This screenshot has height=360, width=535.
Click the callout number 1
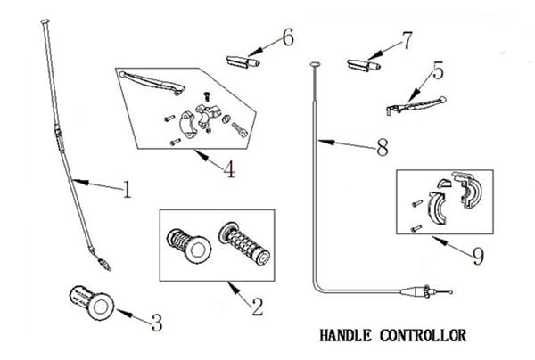point(127,190)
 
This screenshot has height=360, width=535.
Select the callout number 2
point(258,307)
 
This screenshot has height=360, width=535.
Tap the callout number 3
point(157,323)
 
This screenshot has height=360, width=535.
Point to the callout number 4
point(229,169)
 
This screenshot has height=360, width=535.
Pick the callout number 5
point(438,70)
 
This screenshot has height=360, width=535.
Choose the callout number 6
point(288,37)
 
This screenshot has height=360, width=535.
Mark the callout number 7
point(407,41)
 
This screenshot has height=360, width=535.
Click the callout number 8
point(383,147)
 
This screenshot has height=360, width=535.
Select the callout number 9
point(478,256)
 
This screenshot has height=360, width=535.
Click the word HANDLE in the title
point(345,335)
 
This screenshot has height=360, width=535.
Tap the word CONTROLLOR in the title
point(423,335)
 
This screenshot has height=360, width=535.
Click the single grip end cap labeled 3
point(92,303)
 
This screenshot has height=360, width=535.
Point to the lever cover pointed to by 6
point(243,61)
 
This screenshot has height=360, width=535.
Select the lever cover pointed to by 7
point(364,65)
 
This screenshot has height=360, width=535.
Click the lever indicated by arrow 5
point(416,104)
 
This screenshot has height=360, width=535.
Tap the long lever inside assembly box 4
point(152,82)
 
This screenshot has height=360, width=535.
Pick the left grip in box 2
point(189,245)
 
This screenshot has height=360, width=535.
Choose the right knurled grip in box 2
point(244,244)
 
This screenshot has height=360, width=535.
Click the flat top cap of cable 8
point(315,64)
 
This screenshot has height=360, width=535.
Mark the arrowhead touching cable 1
point(80,182)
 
